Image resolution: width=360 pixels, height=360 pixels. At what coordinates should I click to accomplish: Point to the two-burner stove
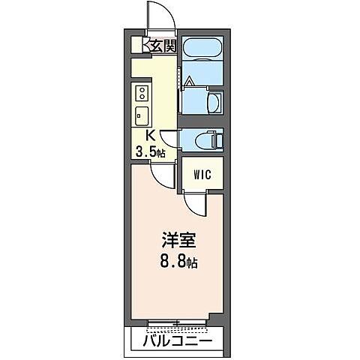coord(140,94)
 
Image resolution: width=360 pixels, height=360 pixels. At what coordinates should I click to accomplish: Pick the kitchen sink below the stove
coord(140,116)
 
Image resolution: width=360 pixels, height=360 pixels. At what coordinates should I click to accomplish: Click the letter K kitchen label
coord(149,136)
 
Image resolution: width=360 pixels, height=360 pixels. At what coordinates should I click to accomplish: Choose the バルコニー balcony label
coord(177,341)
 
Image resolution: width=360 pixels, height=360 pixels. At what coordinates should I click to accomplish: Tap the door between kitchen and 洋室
coord(160,175)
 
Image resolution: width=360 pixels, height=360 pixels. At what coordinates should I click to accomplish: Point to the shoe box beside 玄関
coord(137,45)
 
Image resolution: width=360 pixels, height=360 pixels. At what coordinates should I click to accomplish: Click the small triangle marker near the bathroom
coord(190,81)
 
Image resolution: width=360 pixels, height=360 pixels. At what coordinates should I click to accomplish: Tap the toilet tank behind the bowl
coord(218,139)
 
